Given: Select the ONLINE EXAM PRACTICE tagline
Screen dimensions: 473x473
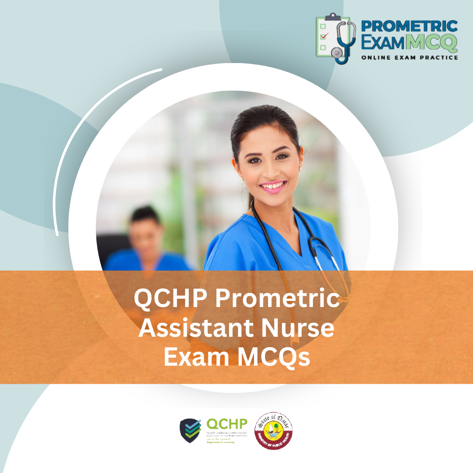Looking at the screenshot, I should pyautogui.click(x=409, y=57).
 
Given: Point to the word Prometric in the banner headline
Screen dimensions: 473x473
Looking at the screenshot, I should pyautogui.click(x=278, y=300).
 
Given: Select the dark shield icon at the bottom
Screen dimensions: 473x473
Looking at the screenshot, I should pyautogui.click(x=191, y=431).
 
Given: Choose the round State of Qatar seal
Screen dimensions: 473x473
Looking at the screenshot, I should pyautogui.click(x=274, y=430).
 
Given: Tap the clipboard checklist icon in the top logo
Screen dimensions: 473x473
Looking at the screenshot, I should pyautogui.click(x=326, y=37).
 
